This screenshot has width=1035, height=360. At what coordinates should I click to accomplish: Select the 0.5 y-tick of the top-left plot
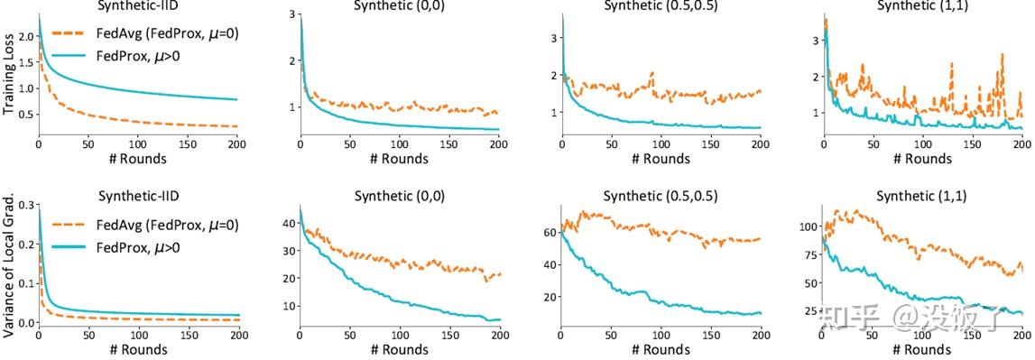click(25, 114)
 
